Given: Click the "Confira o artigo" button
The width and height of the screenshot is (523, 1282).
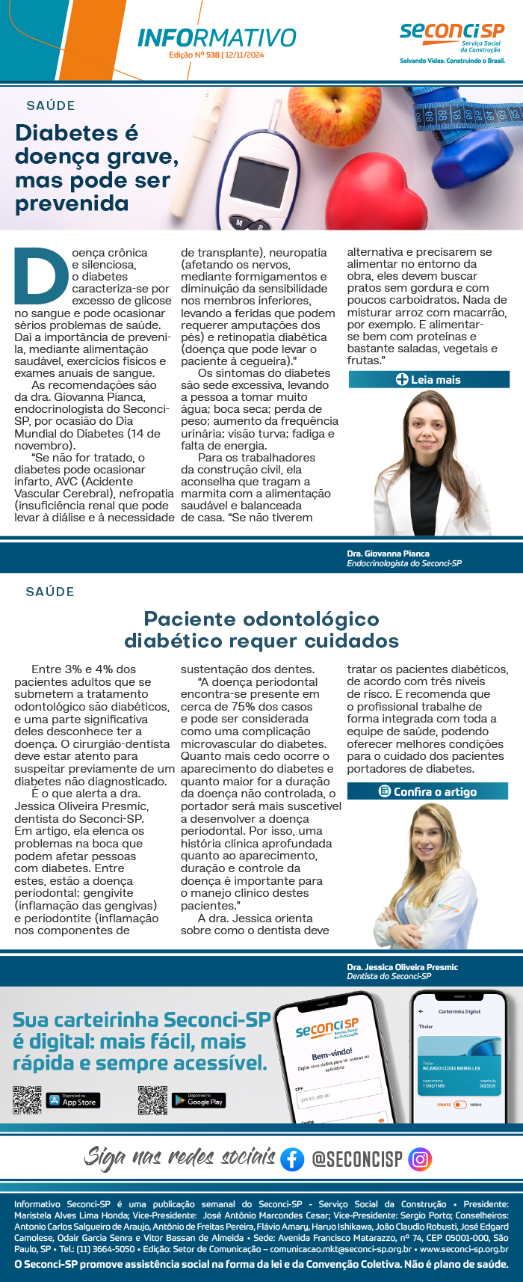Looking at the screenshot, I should pyautogui.click(x=427, y=791).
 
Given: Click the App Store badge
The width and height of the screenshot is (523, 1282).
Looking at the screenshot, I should pyautogui.click(x=73, y=1101).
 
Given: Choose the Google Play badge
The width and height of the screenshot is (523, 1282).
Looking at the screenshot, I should pyautogui.click(x=199, y=1100).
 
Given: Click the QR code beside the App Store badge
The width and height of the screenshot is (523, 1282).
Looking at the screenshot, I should pyautogui.click(x=27, y=1100).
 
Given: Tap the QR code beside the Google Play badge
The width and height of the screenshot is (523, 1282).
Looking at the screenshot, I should pyautogui.click(x=152, y=1100).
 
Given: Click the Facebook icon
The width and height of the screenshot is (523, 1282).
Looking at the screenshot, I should pyautogui.click(x=292, y=1159).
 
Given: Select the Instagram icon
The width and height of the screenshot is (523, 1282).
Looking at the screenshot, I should pyautogui.click(x=421, y=1159).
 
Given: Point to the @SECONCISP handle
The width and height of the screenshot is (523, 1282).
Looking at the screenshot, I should pyautogui.click(x=356, y=1159).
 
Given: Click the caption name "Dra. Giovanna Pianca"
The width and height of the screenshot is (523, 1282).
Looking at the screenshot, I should pyautogui.click(x=388, y=553).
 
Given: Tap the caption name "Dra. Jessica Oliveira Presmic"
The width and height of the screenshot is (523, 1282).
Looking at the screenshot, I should pyautogui.click(x=402, y=967).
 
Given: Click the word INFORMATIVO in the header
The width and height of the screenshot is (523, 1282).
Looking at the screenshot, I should pyautogui.click(x=217, y=37).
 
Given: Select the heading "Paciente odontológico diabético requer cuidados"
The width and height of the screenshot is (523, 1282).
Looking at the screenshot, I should pyautogui.click(x=261, y=630).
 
